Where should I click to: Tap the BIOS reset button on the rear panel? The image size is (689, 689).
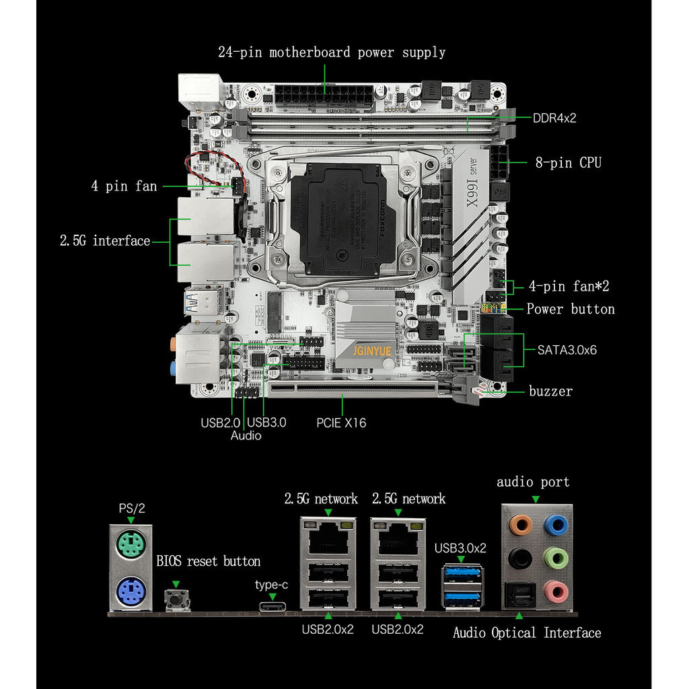(176, 598)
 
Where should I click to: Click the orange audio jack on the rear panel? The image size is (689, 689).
(518, 525)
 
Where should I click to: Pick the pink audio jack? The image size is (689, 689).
(554, 591)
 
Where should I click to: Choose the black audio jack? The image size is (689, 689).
(518, 558)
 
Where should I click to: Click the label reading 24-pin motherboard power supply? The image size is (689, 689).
(332, 52)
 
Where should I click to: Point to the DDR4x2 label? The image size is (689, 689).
(554, 118)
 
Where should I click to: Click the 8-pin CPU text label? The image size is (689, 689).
(569, 162)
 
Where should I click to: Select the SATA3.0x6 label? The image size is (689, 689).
(567, 350)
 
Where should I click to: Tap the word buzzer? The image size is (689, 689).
(550, 391)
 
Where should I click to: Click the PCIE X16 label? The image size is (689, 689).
(341, 423)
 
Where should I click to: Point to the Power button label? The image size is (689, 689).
(571, 309)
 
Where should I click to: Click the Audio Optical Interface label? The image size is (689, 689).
(527, 632)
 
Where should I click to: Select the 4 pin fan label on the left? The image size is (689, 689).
(124, 186)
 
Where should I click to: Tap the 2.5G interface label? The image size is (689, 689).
(104, 241)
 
